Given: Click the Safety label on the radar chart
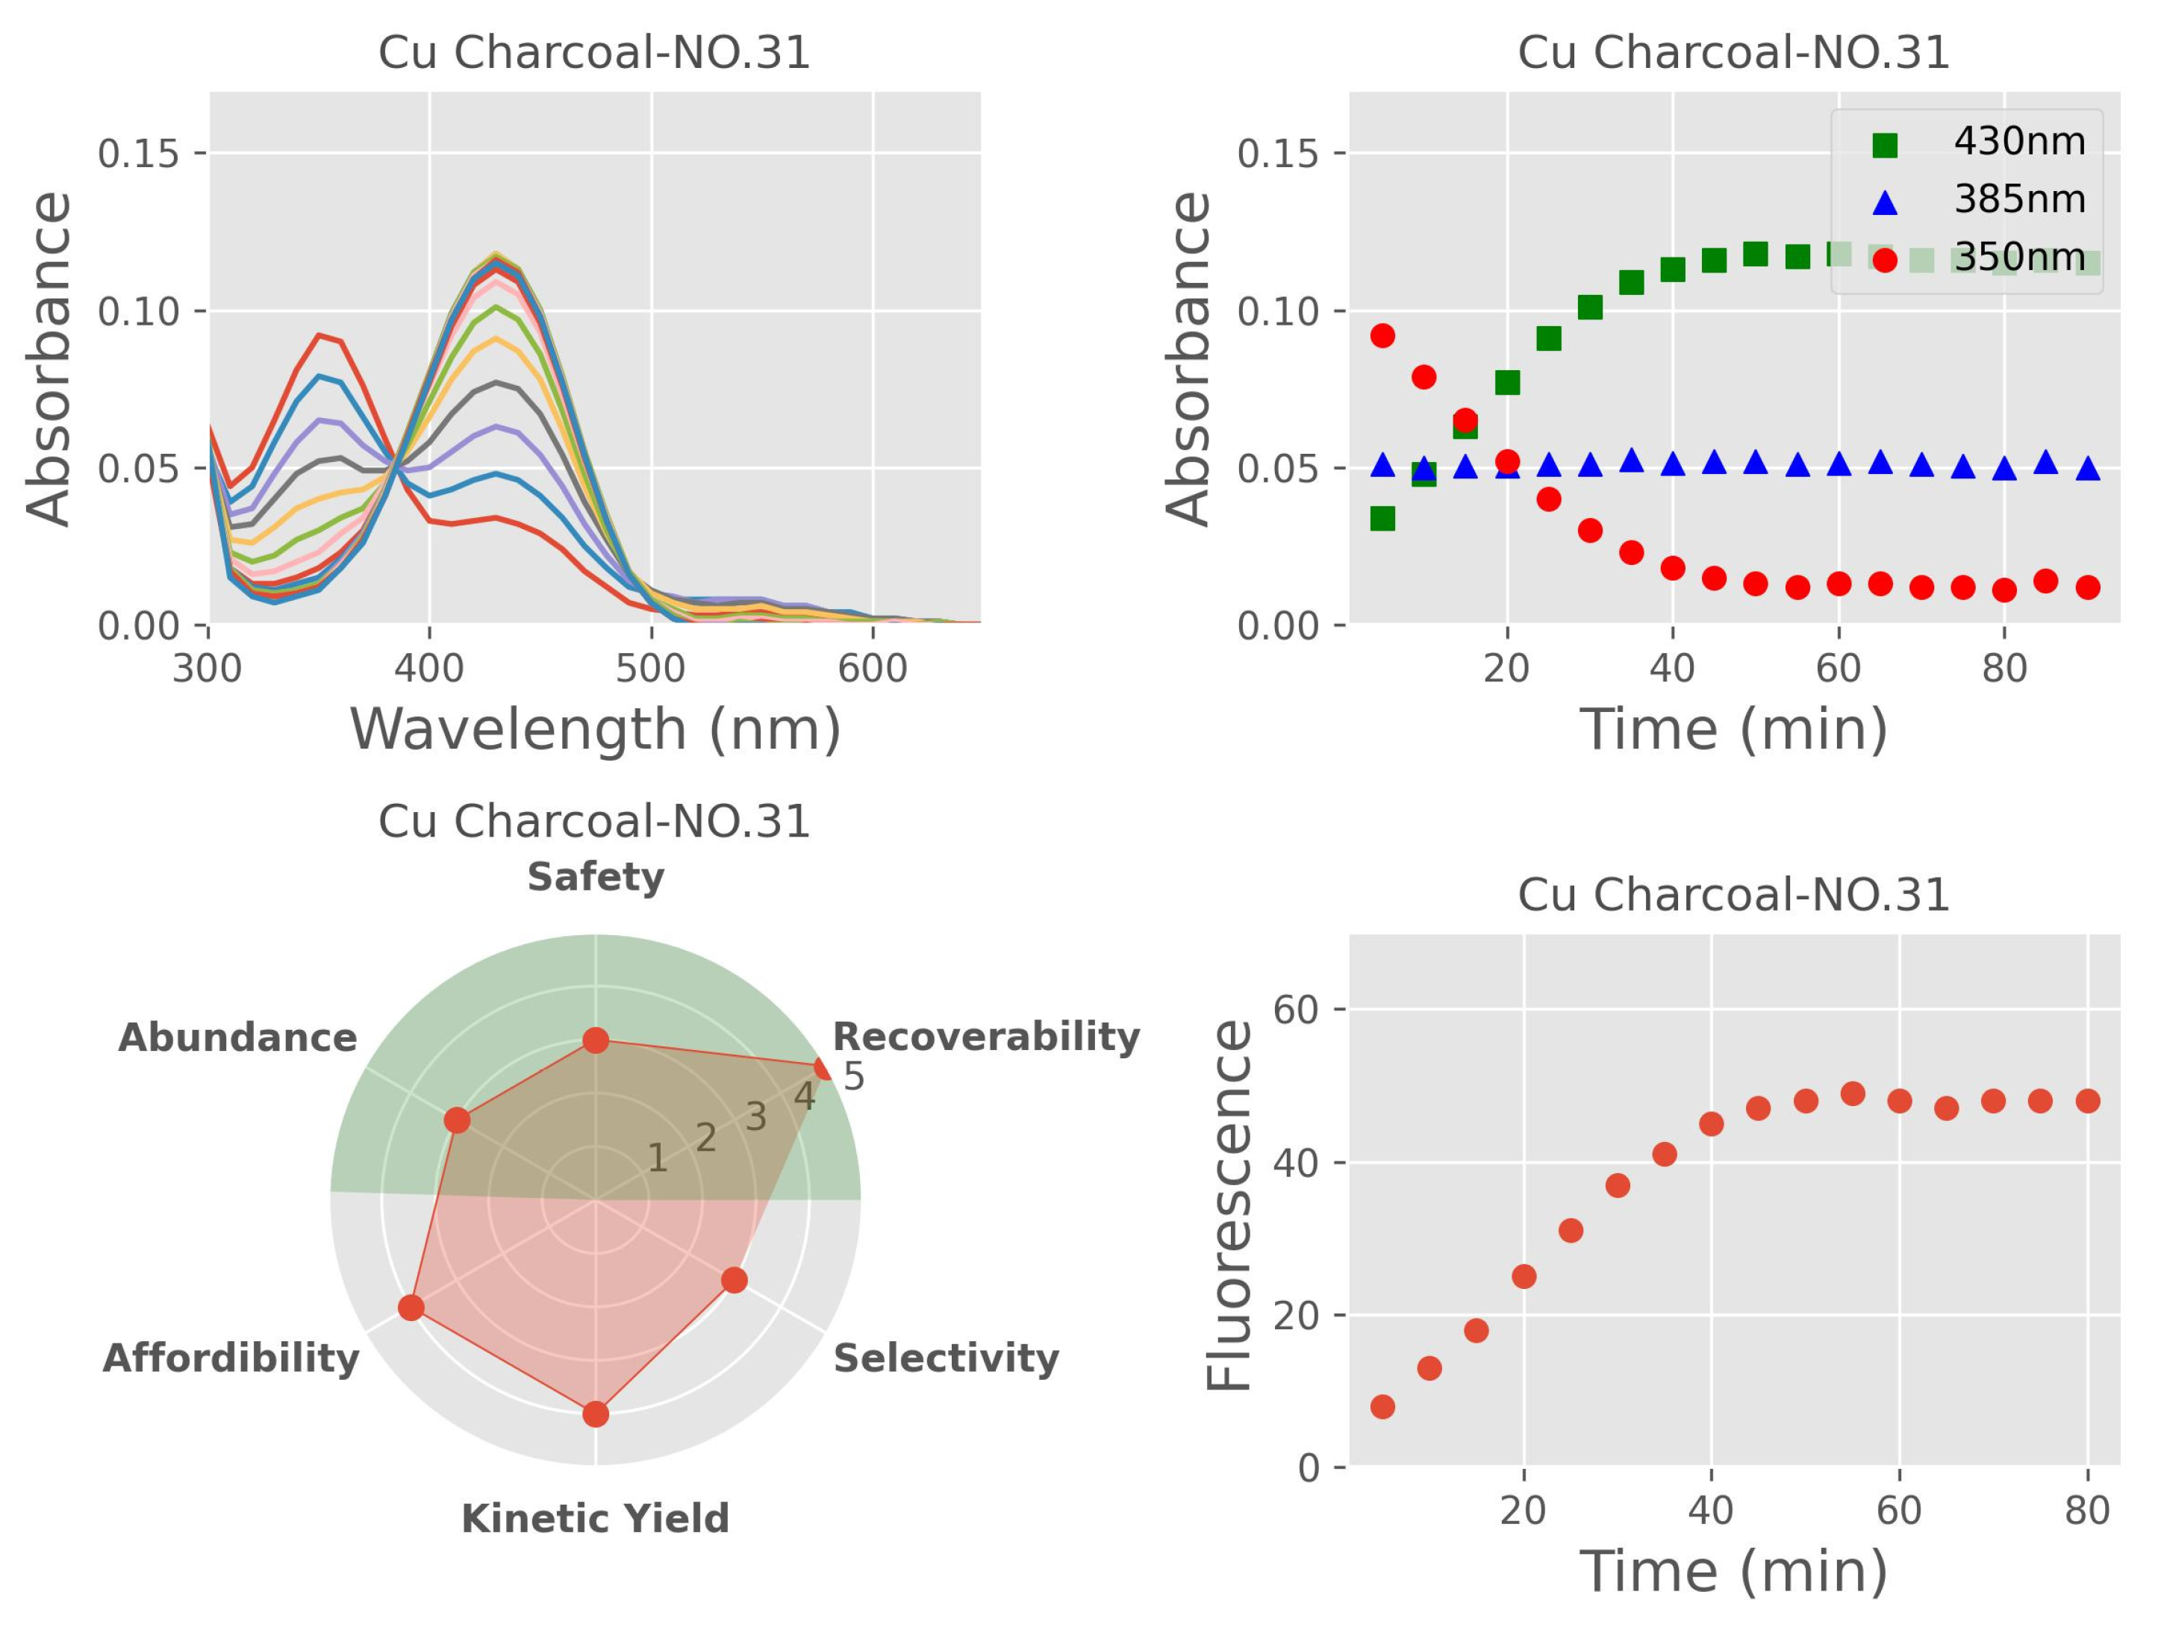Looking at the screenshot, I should point(595,878).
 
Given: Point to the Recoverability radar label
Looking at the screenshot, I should point(985,1037).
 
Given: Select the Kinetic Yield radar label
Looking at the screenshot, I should point(595,1519).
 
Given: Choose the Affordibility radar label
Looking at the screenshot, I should point(231,1358).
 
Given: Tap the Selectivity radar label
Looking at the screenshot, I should point(945,1358).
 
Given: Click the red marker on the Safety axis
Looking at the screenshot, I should point(595,1041).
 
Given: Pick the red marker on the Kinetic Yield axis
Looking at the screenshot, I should point(595,1414).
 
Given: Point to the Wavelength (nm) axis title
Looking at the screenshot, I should point(595,730).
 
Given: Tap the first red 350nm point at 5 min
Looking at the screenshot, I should point(1382,336).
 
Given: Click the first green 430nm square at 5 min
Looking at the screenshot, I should point(1382,518).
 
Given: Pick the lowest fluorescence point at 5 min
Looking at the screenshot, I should point(1382,1405).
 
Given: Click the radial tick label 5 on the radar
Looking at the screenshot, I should point(854,1077).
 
